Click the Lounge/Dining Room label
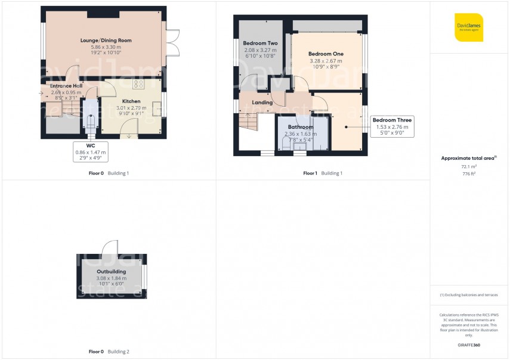click(x=106, y=41)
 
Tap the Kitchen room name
click(x=131, y=101)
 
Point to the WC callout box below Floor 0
click(x=90, y=152)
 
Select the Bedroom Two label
click(x=260, y=44)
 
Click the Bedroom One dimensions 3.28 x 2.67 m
click(x=326, y=61)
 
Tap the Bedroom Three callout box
click(x=392, y=126)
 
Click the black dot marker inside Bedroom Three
click(x=345, y=126)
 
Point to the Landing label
click(x=262, y=103)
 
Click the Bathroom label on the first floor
click(x=301, y=127)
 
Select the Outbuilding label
click(x=112, y=271)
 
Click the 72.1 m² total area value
click(x=468, y=167)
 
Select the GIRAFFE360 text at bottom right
click(x=468, y=345)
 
